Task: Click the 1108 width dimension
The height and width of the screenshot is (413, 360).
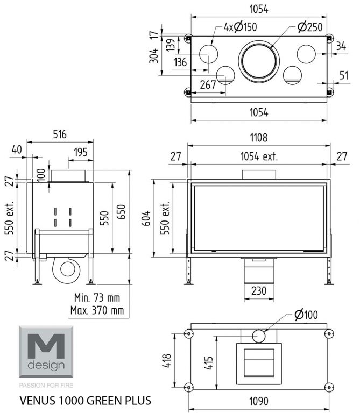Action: point(259,138)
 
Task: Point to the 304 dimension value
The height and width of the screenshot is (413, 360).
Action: point(154,56)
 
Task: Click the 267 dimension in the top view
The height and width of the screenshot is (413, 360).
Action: point(208,84)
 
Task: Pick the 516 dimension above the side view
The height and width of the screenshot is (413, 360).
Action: point(60,134)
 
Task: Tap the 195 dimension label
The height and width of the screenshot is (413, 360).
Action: point(80,153)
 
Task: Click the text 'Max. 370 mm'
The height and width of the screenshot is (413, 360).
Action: point(97,310)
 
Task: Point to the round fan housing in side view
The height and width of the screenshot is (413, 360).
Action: point(69,267)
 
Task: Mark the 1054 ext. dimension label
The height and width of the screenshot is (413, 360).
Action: point(259,156)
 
